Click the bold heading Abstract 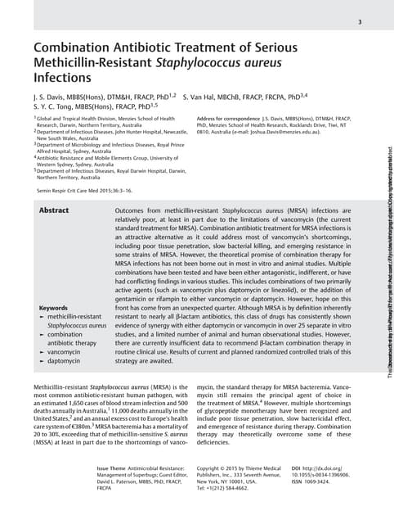[54, 210]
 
